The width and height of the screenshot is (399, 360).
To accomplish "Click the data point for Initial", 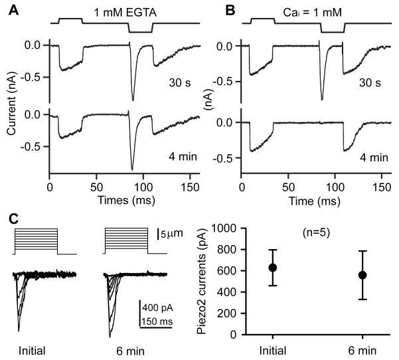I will (272, 268).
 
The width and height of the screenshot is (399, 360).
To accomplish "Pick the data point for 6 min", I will (362, 275).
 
